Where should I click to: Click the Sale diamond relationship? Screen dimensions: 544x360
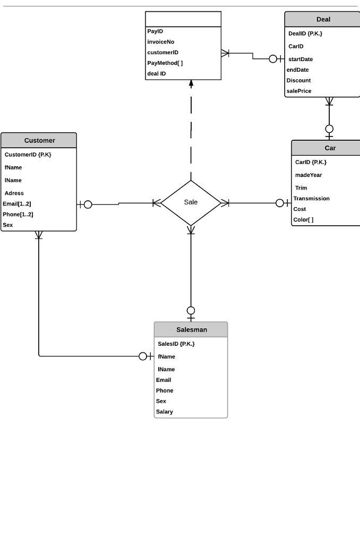tap(191, 202)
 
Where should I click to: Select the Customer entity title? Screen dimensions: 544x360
tap(39, 141)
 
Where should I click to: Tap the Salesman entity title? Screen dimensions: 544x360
tap(192, 330)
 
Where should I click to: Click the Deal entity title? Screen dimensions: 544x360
tap(323, 20)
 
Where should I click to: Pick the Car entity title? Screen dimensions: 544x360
tap(330, 148)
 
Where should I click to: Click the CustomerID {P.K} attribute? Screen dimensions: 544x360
tap(28, 155)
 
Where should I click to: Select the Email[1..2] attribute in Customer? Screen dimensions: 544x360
tap(17, 204)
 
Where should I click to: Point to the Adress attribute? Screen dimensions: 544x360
tap(14, 193)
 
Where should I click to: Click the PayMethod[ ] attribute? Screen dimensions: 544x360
tap(165, 63)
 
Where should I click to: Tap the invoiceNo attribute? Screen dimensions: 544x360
tap(160, 42)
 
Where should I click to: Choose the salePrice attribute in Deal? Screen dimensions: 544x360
tap(299, 91)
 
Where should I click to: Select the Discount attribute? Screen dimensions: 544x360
tap(298, 81)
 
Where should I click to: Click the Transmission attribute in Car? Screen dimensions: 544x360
tap(311, 199)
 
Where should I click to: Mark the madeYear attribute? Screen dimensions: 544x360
tap(308, 175)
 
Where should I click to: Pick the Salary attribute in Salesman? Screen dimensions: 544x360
tap(165, 412)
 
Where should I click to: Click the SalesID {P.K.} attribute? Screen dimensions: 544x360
tap(176, 344)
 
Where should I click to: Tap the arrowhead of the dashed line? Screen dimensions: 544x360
tap(191, 83)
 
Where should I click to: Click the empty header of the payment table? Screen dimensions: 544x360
tap(183, 19)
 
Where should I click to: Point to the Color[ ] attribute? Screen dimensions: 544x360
tap(303, 220)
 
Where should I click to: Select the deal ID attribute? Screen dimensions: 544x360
tap(157, 74)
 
